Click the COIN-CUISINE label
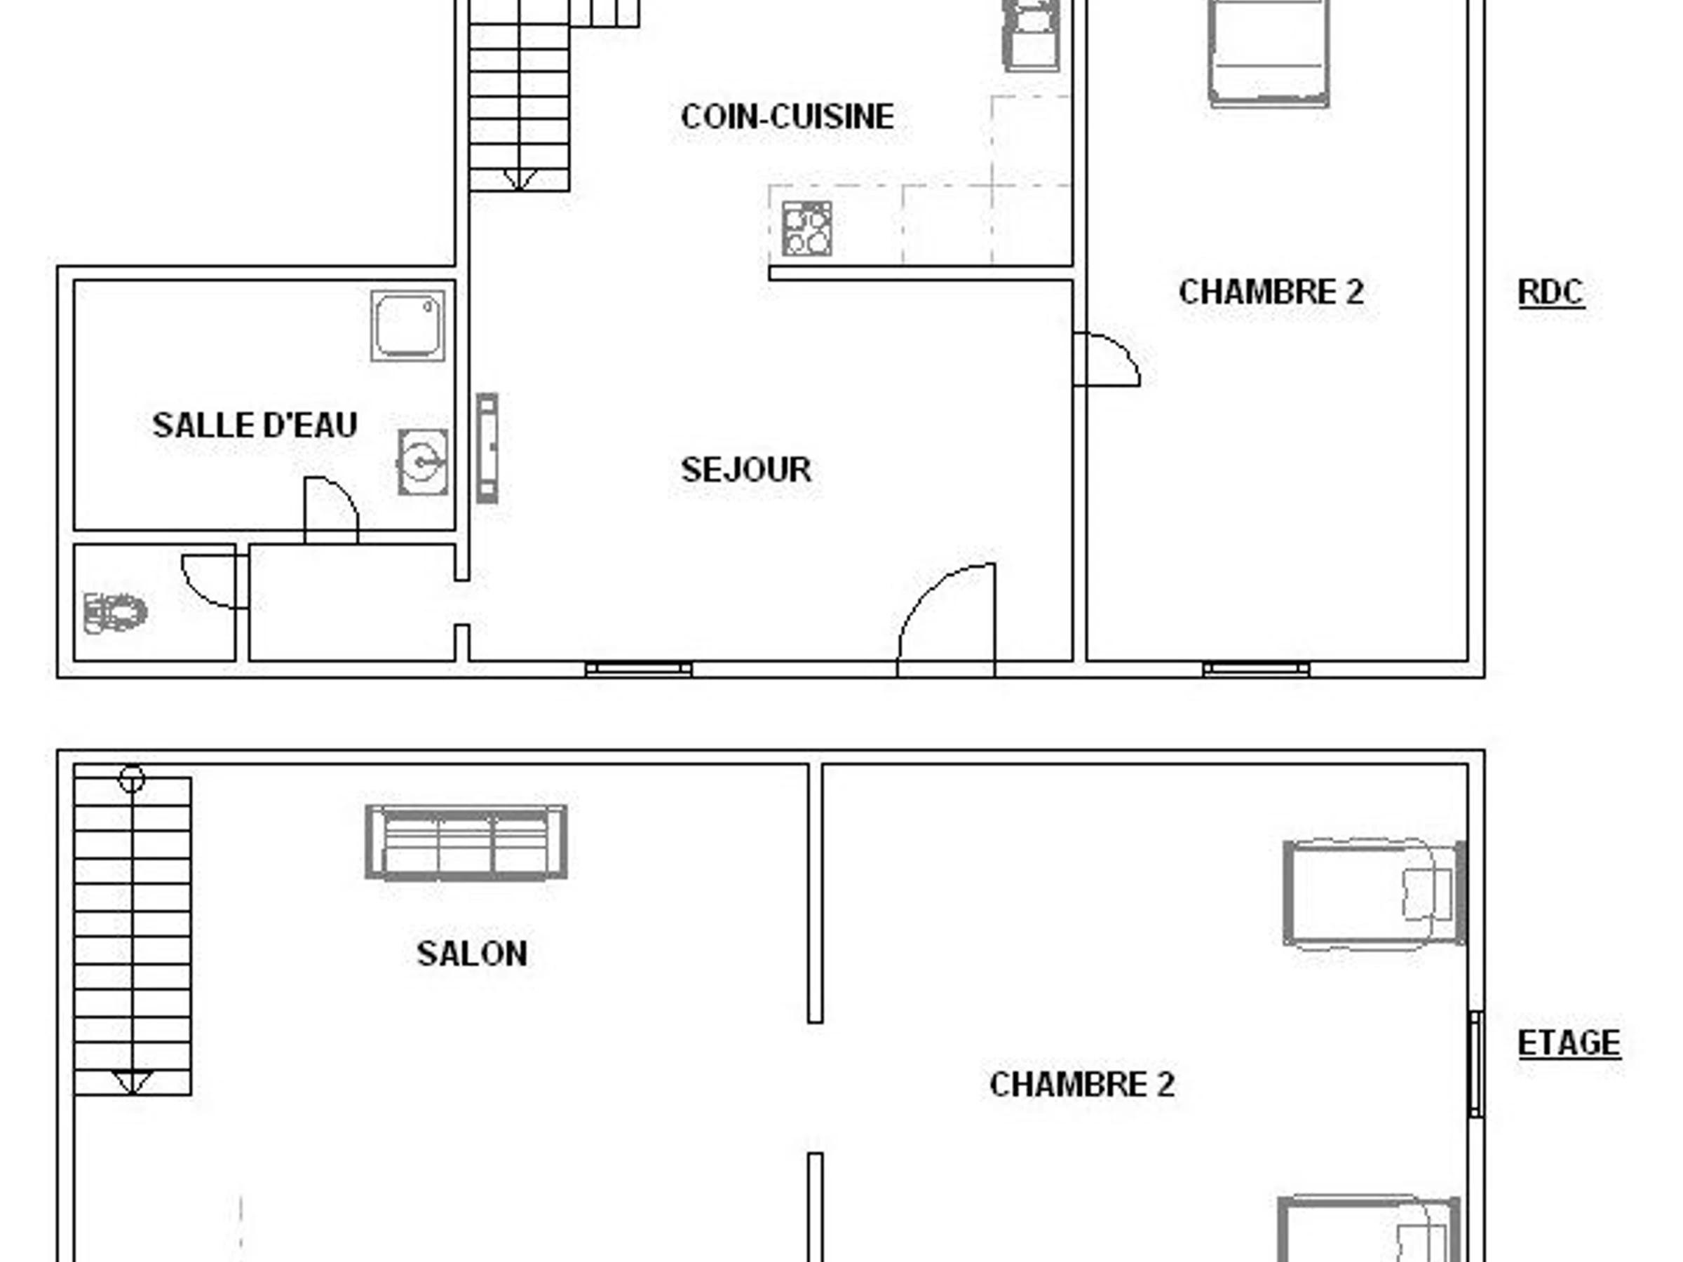pos(787,116)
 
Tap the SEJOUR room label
pos(745,469)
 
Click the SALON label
pos(472,953)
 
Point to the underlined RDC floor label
pos(1550,292)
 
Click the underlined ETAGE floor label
pos(1569,1043)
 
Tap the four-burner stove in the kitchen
pos(806,228)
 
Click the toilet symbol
pos(115,612)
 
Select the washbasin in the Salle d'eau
pos(423,462)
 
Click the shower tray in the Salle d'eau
pos(408,325)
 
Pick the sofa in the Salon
pos(466,843)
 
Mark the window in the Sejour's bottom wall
pos(639,670)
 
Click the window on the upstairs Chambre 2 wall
pos(1476,1064)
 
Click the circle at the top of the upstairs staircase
pos(132,779)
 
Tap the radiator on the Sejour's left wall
pos(487,448)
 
